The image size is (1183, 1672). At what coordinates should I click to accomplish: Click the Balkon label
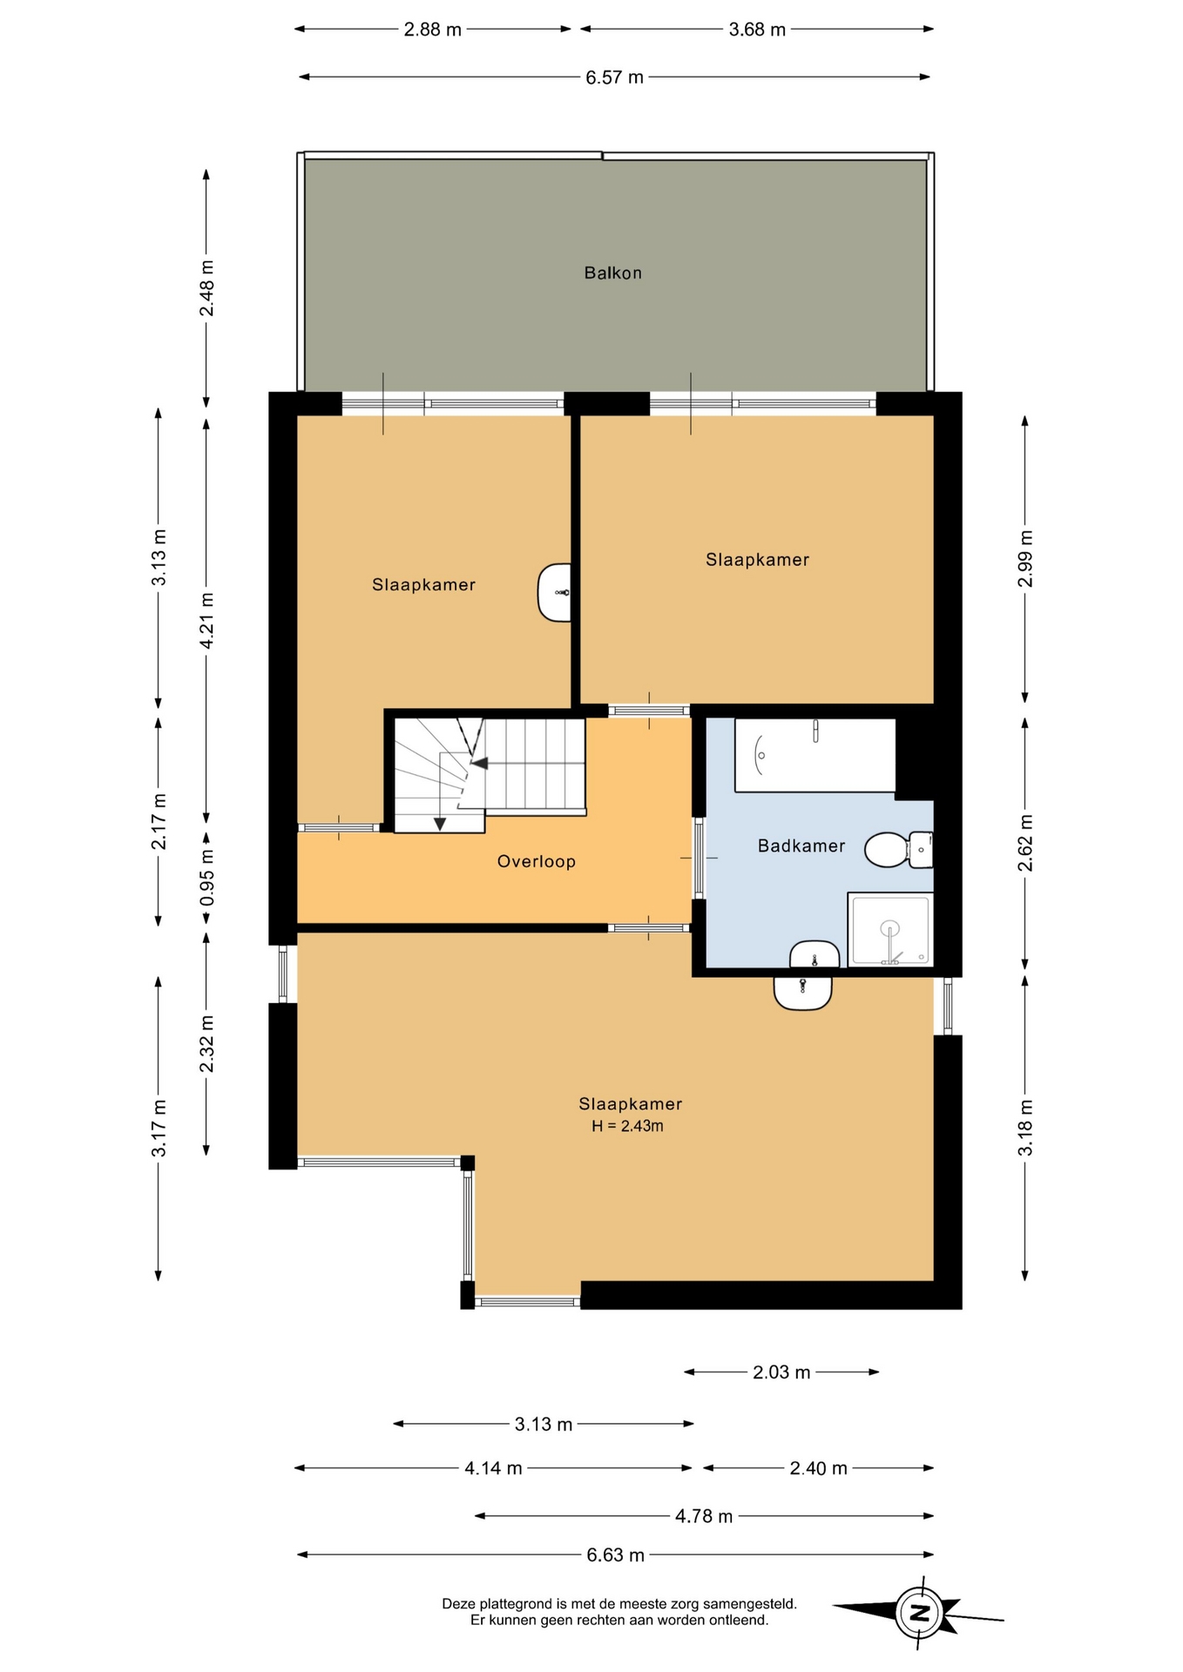[x=612, y=273]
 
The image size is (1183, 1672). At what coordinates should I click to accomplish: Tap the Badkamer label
[x=801, y=846]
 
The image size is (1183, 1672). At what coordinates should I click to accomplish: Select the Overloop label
[x=537, y=862]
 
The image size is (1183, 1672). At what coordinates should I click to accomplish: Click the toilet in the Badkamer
[x=898, y=850]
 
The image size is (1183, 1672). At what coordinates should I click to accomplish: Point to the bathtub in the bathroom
[x=815, y=755]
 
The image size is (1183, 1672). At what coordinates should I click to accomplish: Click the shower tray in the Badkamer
[x=889, y=929]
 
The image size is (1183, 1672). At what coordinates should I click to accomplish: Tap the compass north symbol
[x=919, y=1613]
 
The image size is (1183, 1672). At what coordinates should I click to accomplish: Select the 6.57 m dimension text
[x=614, y=78]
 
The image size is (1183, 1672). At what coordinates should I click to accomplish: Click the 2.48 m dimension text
[x=206, y=288]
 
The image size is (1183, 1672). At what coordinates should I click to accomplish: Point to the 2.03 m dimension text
[x=781, y=1372]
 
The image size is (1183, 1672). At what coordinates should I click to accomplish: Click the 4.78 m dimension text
[x=704, y=1516]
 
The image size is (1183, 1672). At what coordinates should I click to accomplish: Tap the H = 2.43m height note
[x=627, y=1126]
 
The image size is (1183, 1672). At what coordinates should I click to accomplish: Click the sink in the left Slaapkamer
[x=555, y=592]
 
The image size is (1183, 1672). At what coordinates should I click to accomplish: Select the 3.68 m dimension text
[x=757, y=30]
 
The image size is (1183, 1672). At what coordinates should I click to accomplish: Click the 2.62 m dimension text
[x=1025, y=843]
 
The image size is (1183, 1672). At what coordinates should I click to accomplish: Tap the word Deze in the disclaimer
[x=458, y=1603]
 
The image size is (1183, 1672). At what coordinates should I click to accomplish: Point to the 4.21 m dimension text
[x=206, y=620]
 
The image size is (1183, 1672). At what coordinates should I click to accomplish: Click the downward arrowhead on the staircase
[x=440, y=824]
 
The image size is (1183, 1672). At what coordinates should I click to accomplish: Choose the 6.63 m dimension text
[x=615, y=1555]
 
